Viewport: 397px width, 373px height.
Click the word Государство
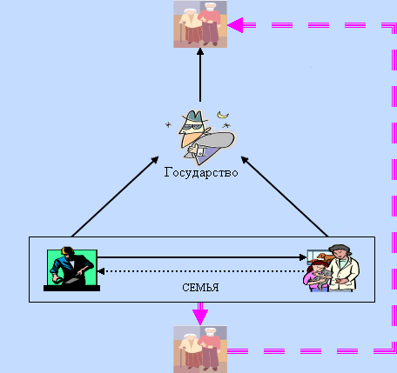(x=201, y=173)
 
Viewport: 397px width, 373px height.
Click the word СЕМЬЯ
(x=200, y=288)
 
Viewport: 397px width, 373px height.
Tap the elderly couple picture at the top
(x=200, y=24)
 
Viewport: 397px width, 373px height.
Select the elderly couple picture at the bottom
(x=200, y=350)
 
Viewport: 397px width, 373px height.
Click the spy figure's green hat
(x=193, y=117)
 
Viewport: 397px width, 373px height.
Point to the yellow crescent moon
(x=223, y=115)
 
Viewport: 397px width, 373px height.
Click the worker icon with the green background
(x=71, y=269)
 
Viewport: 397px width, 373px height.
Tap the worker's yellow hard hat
(x=67, y=251)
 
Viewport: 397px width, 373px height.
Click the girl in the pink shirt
(x=315, y=276)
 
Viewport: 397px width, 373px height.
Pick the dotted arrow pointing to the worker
(x=202, y=271)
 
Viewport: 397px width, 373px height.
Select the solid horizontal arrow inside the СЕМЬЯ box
(x=202, y=257)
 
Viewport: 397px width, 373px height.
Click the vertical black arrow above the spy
(x=200, y=75)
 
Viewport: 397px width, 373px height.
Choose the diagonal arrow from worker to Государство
(x=115, y=196)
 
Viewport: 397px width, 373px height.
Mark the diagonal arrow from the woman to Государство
(x=285, y=196)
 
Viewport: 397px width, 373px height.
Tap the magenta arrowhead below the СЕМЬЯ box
(x=200, y=317)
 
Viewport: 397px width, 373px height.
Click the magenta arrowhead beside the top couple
(x=235, y=25)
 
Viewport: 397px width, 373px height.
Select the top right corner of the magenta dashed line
(x=394, y=25)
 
